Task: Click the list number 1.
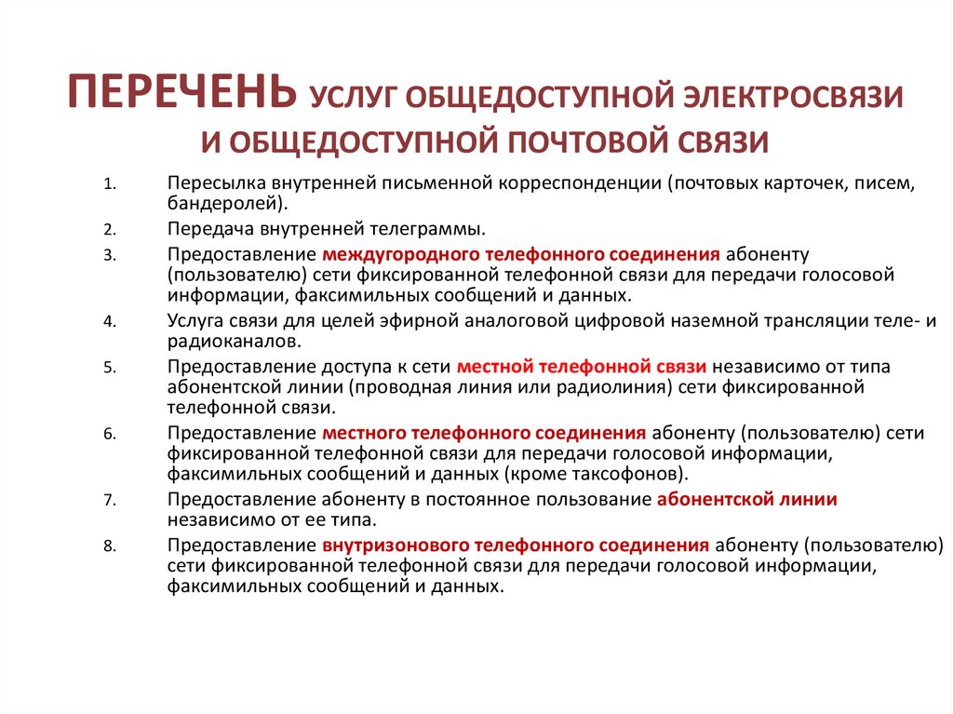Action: [109, 183]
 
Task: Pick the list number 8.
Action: [109, 547]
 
